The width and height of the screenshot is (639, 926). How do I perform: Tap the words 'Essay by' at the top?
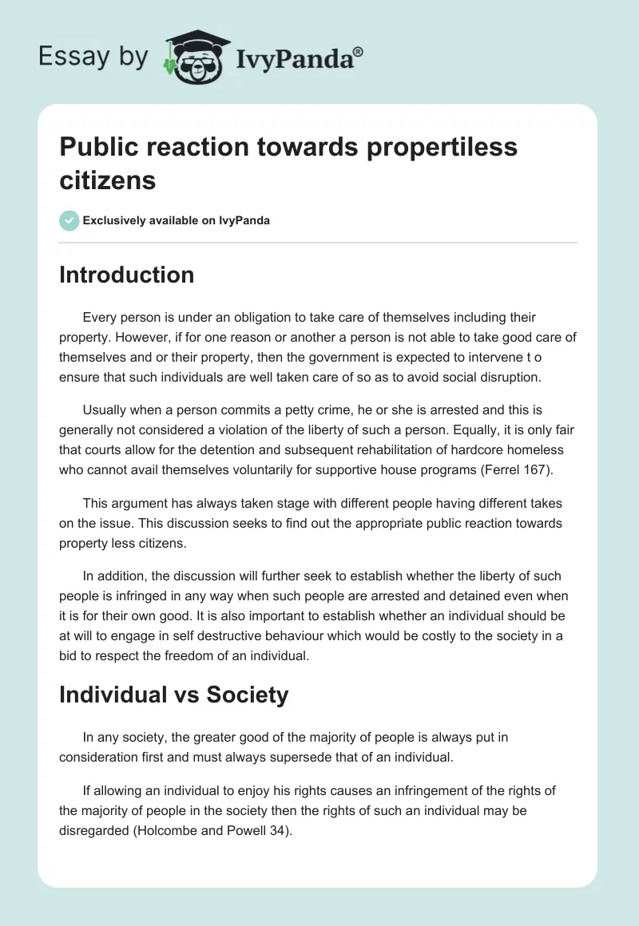click(x=93, y=57)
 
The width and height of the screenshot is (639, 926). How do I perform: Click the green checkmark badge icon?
click(x=69, y=220)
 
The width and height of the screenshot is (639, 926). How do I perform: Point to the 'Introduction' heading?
click(x=127, y=275)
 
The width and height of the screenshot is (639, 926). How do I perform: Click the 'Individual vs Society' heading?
click(x=173, y=694)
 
